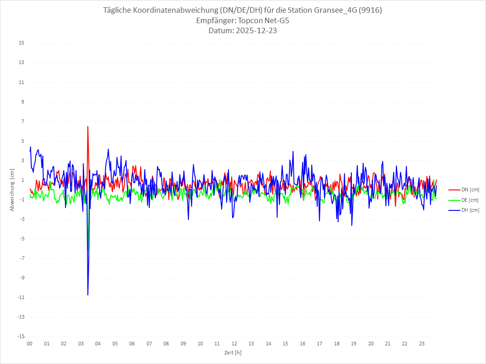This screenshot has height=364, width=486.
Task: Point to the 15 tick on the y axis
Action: (21, 43)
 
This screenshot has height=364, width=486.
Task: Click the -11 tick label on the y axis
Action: (20, 298)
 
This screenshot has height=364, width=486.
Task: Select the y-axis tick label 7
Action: (22, 121)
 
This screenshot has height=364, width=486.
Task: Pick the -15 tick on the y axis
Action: (20, 337)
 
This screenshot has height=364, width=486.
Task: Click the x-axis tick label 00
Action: (30, 344)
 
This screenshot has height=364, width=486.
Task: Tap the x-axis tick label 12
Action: (234, 344)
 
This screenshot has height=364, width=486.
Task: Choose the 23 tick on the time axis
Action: (422, 344)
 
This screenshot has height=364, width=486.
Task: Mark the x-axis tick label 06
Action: (132, 344)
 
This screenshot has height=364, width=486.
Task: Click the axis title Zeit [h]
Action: (233, 353)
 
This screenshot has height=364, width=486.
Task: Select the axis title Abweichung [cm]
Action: (12, 190)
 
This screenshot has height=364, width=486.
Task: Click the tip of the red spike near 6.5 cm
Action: (88, 126)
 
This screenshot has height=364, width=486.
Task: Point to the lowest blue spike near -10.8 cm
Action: (88, 295)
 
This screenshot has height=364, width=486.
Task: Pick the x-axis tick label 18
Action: (337, 344)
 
